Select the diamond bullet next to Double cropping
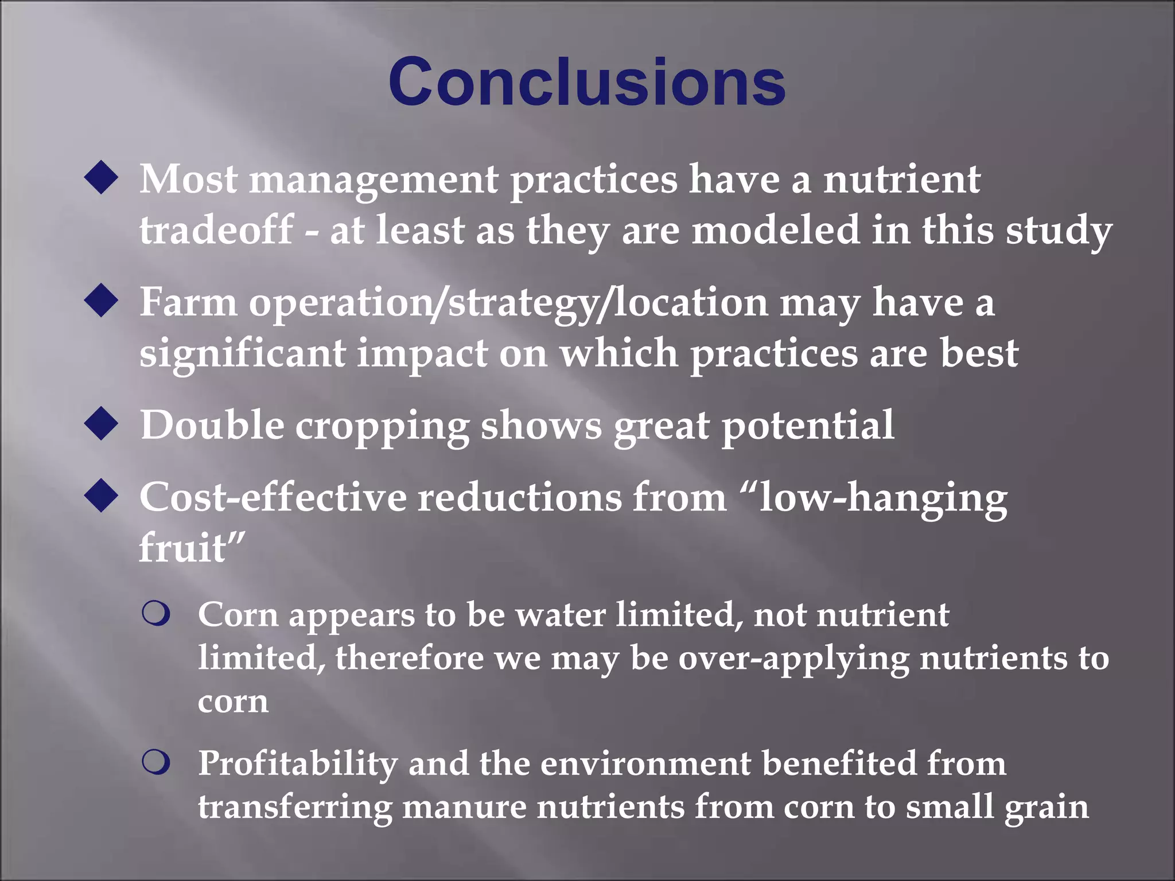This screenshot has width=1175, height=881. [x=101, y=424]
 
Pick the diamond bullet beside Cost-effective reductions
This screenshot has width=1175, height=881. [x=101, y=496]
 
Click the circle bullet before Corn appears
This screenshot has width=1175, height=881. [x=156, y=614]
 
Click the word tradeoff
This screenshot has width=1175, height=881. [x=217, y=229]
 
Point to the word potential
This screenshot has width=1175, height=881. [x=808, y=426]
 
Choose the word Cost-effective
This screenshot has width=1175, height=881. [x=273, y=497]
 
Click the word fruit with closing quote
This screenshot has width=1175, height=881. [x=192, y=547]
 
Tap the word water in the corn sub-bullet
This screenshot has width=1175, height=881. [x=561, y=615]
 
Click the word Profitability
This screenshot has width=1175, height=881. [x=298, y=764]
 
